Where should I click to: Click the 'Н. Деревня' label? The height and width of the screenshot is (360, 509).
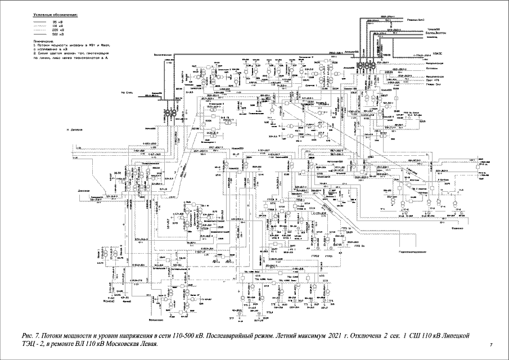pyautogui.click(x=75, y=129)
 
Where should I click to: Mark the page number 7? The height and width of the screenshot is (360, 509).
pyautogui.click(x=491, y=344)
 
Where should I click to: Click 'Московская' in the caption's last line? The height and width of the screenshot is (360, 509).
pyautogui.click(x=124, y=344)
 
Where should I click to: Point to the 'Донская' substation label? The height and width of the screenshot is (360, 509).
pyautogui.click(x=84, y=191)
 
